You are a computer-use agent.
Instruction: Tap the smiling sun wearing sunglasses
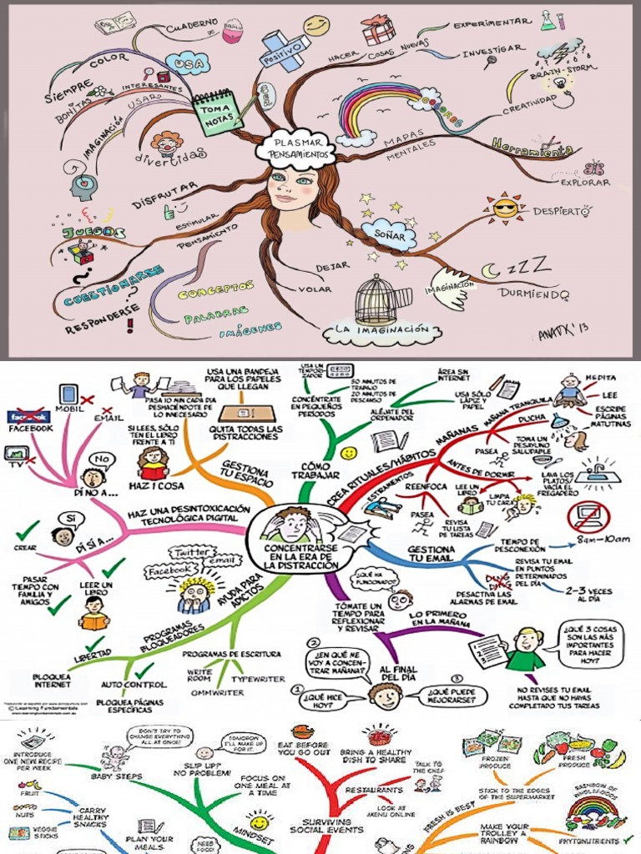coord(505,207)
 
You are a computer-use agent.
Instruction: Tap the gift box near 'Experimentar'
coord(378,31)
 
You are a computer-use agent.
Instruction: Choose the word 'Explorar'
coord(584,183)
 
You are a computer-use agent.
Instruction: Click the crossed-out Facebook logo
coord(28,416)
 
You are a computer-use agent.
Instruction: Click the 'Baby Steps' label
coord(116,776)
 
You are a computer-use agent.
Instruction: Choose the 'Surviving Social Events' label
coord(326,825)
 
